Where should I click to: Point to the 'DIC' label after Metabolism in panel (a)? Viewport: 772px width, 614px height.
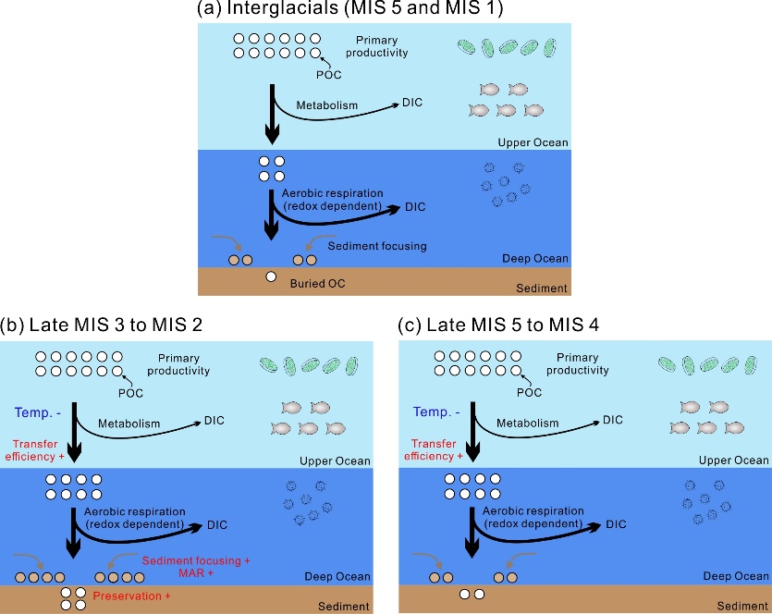pyautogui.click(x=412, y=102)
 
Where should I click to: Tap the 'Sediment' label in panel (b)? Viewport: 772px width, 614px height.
pyautogui.click(x=342, y=607)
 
